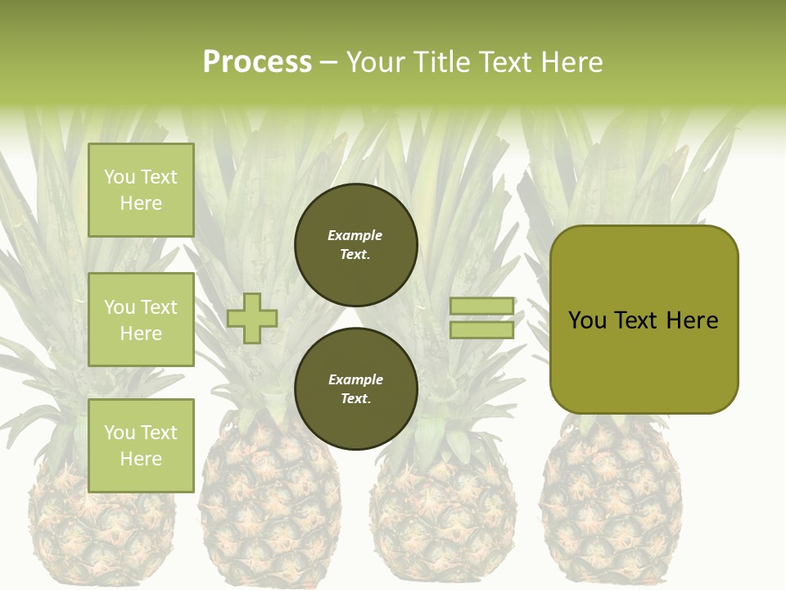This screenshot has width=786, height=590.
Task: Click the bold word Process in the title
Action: tap(257, 62)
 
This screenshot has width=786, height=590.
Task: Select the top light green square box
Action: tap(141, 190)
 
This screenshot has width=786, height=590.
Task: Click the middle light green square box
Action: tap(141, 320)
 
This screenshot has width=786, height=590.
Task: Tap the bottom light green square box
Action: tap(141, 445)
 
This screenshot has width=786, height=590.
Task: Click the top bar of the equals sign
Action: tap(482, 306)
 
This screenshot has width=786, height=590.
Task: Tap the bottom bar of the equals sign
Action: tap(482, 330)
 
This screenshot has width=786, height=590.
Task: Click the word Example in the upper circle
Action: tap(355, 235)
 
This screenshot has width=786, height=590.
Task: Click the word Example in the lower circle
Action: tap(355, 379)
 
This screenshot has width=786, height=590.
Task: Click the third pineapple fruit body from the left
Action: tap(442, 516)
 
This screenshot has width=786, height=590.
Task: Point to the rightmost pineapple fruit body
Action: tap(610, 508)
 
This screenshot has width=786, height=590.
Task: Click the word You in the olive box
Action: tap(587, 320)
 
